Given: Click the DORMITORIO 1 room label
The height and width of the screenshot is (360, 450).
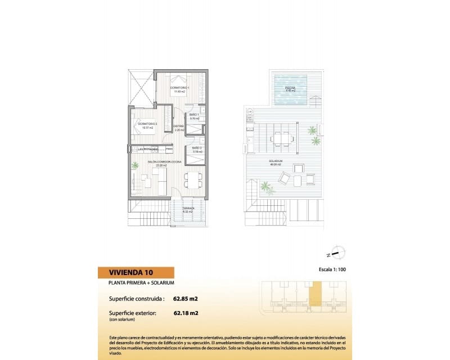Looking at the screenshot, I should pos(181,88).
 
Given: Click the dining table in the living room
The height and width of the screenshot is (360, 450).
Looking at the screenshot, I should pos(192,179).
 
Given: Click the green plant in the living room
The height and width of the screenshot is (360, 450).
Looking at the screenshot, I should pos(135,165).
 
